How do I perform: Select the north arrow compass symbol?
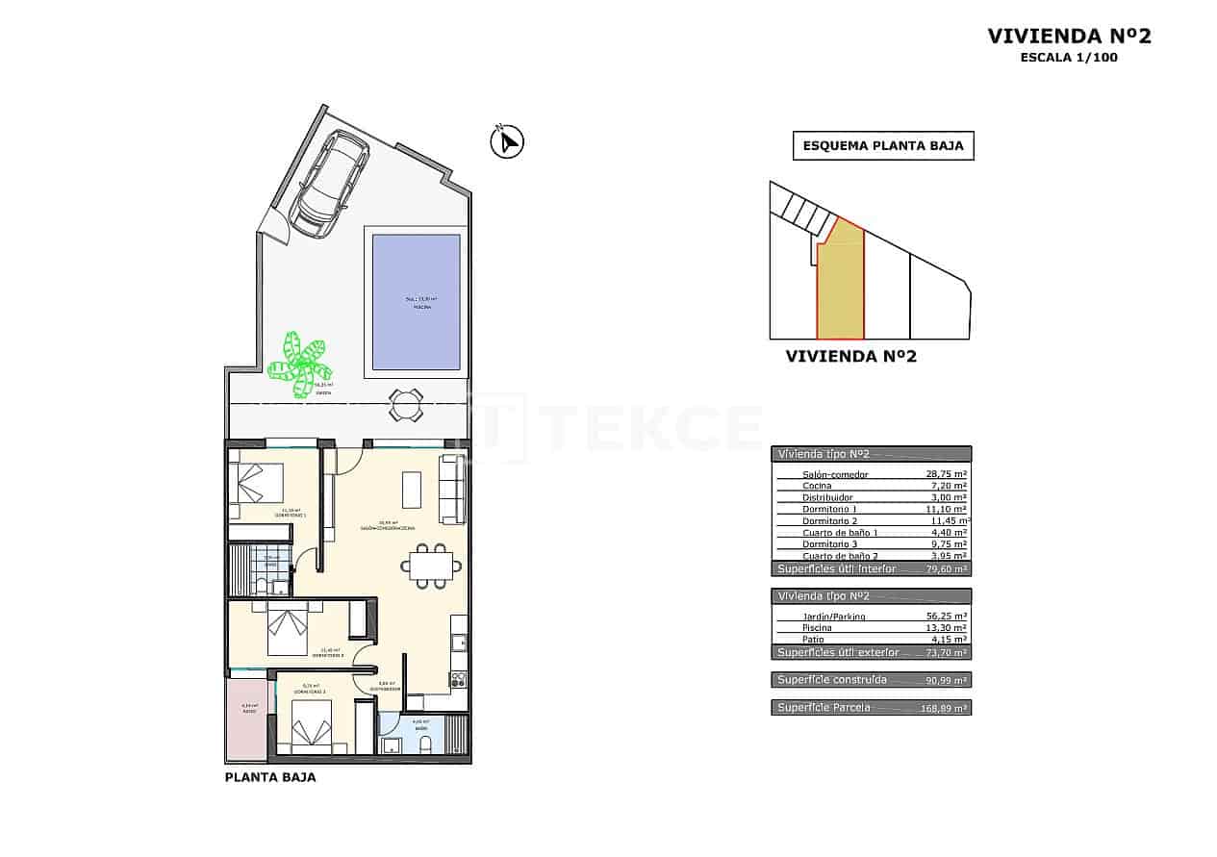[x=506, y=142]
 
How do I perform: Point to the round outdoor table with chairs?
[x=406, y=404]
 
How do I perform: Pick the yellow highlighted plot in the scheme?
[x=841, y=284]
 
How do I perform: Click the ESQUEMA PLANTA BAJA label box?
[x=882, y=146]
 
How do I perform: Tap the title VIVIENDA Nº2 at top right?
[x=1069, y=37]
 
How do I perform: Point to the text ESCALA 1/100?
[x=1069, y=58]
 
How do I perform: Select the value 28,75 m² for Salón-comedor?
[x=945, y=475]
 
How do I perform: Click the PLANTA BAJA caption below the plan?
[x=269, y=778]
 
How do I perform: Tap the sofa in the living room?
[x=451, y=490]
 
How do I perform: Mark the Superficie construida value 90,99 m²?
[x=947, y=680]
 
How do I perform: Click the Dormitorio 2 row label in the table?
[x=829, y=521]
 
